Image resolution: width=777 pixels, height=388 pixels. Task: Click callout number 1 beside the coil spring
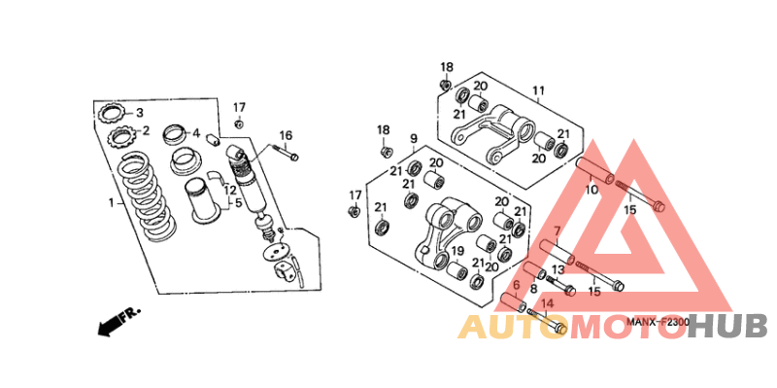coord(112,203)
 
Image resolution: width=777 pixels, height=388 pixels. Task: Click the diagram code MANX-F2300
coord(657,322)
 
